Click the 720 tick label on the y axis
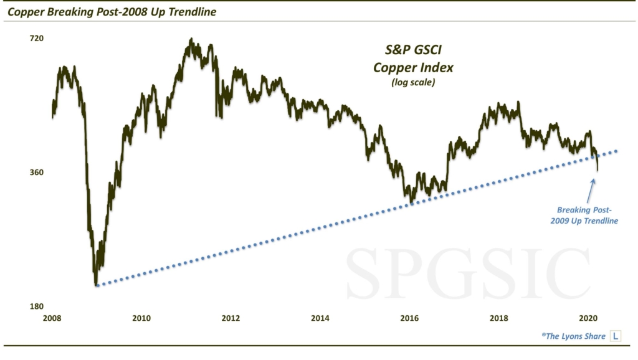point(37,39)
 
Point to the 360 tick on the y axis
point(37,173)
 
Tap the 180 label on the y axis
point(37,307)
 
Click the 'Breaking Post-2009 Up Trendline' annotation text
point(587,216)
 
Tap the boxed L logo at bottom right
point(616,336)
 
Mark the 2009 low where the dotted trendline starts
point(97,285)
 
